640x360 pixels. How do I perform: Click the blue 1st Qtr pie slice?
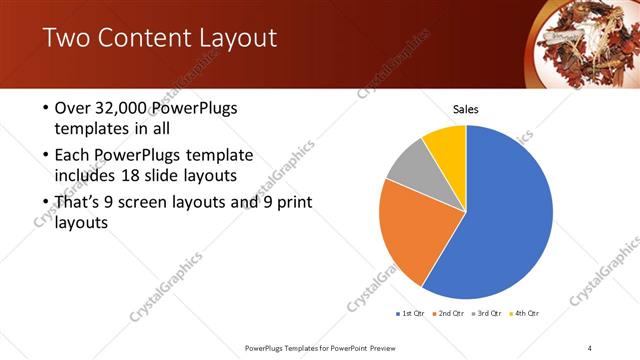[x=505, y=215]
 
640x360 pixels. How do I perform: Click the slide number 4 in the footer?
[x=590, y=347]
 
